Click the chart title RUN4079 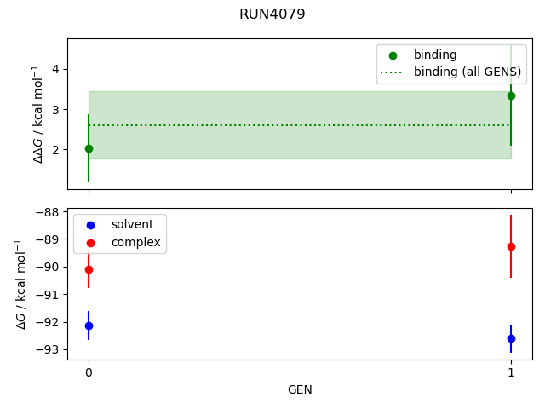(x=272, y=14)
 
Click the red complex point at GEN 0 (x=89, y=269)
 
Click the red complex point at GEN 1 (x=511, y=246)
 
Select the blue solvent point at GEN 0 (x=89, y=325)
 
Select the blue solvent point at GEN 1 (x=511, y=338)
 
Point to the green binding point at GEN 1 (x=511, y=95)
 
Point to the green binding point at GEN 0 (x=89, y=148)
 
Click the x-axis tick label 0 (x=89, y=372)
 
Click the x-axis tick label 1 (x=511, y=372)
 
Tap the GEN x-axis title (x=300, y=390)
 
